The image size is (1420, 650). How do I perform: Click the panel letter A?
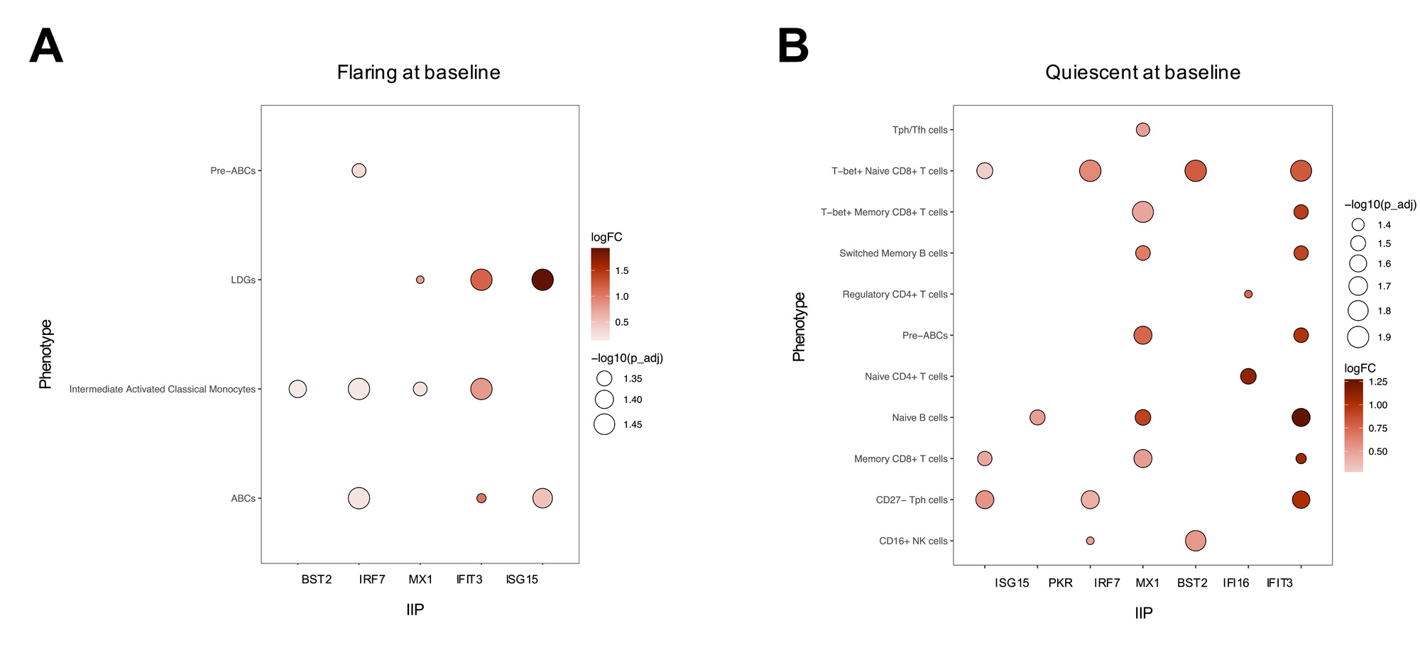click(46, 47)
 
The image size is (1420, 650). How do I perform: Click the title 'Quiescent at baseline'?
click(1142, 72)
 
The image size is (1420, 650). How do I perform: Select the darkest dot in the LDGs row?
click(542, 280)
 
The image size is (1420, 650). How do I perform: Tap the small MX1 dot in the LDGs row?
click(420, 280)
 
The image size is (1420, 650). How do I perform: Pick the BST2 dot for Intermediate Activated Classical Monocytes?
click(297, 389)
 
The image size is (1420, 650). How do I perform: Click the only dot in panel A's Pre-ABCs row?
click(359, 170)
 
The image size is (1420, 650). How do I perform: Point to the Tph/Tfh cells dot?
click(1142, 130)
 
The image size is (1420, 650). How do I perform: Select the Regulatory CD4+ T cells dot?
click(1248, 294)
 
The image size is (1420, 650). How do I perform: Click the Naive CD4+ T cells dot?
click(1248, 376)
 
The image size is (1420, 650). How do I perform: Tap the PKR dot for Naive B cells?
click(1037, 417)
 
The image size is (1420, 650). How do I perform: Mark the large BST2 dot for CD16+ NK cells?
click(1196, 541)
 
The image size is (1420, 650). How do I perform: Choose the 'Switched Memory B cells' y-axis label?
click(893, 253)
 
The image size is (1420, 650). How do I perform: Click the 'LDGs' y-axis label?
click(243, 280)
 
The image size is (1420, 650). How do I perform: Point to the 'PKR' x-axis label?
click(1060, 583)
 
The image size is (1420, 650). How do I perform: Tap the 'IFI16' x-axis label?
click(1236, 583)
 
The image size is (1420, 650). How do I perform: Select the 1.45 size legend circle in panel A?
click(604, 424)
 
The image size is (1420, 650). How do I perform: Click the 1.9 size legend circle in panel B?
click(1358, 337)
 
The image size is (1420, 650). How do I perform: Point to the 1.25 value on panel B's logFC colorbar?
click(1377, 382)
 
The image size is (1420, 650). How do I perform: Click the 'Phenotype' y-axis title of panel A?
click(45, 354)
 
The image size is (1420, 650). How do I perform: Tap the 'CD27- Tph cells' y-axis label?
click(912, 500)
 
